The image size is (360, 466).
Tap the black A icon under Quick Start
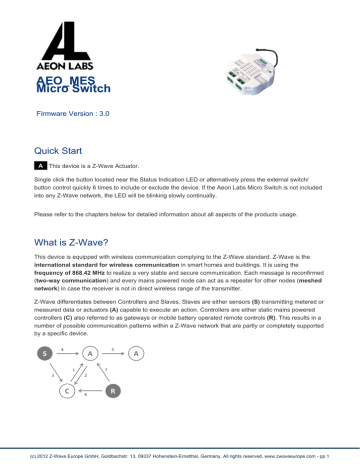[40, 165]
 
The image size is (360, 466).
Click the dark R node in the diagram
[113, 391]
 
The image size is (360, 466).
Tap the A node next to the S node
[90, 353]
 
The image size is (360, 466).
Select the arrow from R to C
[89, 392]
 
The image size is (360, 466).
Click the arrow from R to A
[103, 372]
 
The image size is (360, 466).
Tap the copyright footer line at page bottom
[180, 457]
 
